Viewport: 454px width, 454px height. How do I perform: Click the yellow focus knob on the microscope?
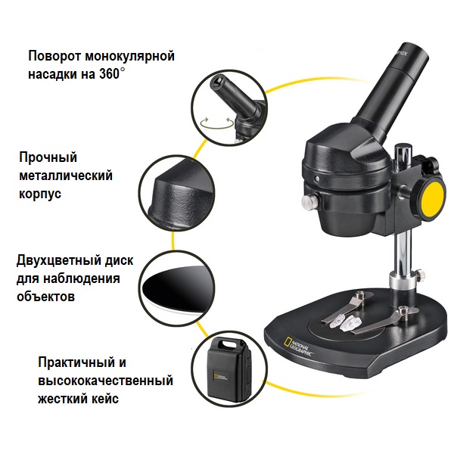click(431, 200)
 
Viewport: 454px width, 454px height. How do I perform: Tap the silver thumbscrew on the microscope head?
click(309, 201)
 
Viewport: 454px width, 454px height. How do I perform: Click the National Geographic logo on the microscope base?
click(299, 347)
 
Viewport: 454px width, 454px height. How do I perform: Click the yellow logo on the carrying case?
click(216, 377)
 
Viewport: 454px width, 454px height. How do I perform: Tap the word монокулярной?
click(129, 57)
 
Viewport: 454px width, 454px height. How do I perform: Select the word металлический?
click(66, 176)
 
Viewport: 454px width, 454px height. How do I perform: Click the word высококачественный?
click(106, 381)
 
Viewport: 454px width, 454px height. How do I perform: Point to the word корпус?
click(40, 194)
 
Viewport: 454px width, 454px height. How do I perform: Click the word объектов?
click(45, 297)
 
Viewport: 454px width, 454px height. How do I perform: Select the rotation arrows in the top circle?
click(217, 123)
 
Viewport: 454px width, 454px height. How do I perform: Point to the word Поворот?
click(54, 56)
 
